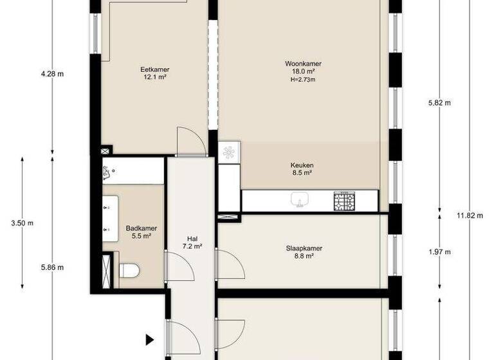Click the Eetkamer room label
click(x=154, y=69)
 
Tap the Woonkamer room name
click(x=303, y=64)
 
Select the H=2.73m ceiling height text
click(x=303, y=80)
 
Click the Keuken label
click(x=301, y=165)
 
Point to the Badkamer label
click(x=142, y=228)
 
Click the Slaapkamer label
click(x=304, y=248)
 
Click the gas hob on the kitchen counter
click(x=343, y=201)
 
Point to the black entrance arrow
click(x=150, y=339)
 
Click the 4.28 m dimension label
click(x=52, y=74)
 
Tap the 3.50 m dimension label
click(x=22, y=223)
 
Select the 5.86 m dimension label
click(x=52, y=267)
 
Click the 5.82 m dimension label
click(x=440, y=103)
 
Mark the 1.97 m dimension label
click(x=440, y=251)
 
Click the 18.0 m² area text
click(x=303, y=72)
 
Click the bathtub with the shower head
click(x=133, y=171)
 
